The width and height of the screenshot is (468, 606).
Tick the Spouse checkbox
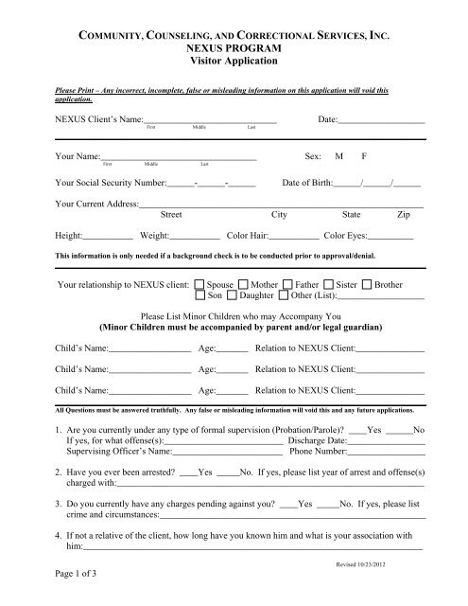pos(199,284)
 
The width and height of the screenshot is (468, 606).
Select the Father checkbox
pos(287,284)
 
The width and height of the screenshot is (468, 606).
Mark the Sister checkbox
pos(328,284)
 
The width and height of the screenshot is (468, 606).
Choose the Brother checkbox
pos(367,284)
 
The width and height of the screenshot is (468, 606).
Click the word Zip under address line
pos(405,215)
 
